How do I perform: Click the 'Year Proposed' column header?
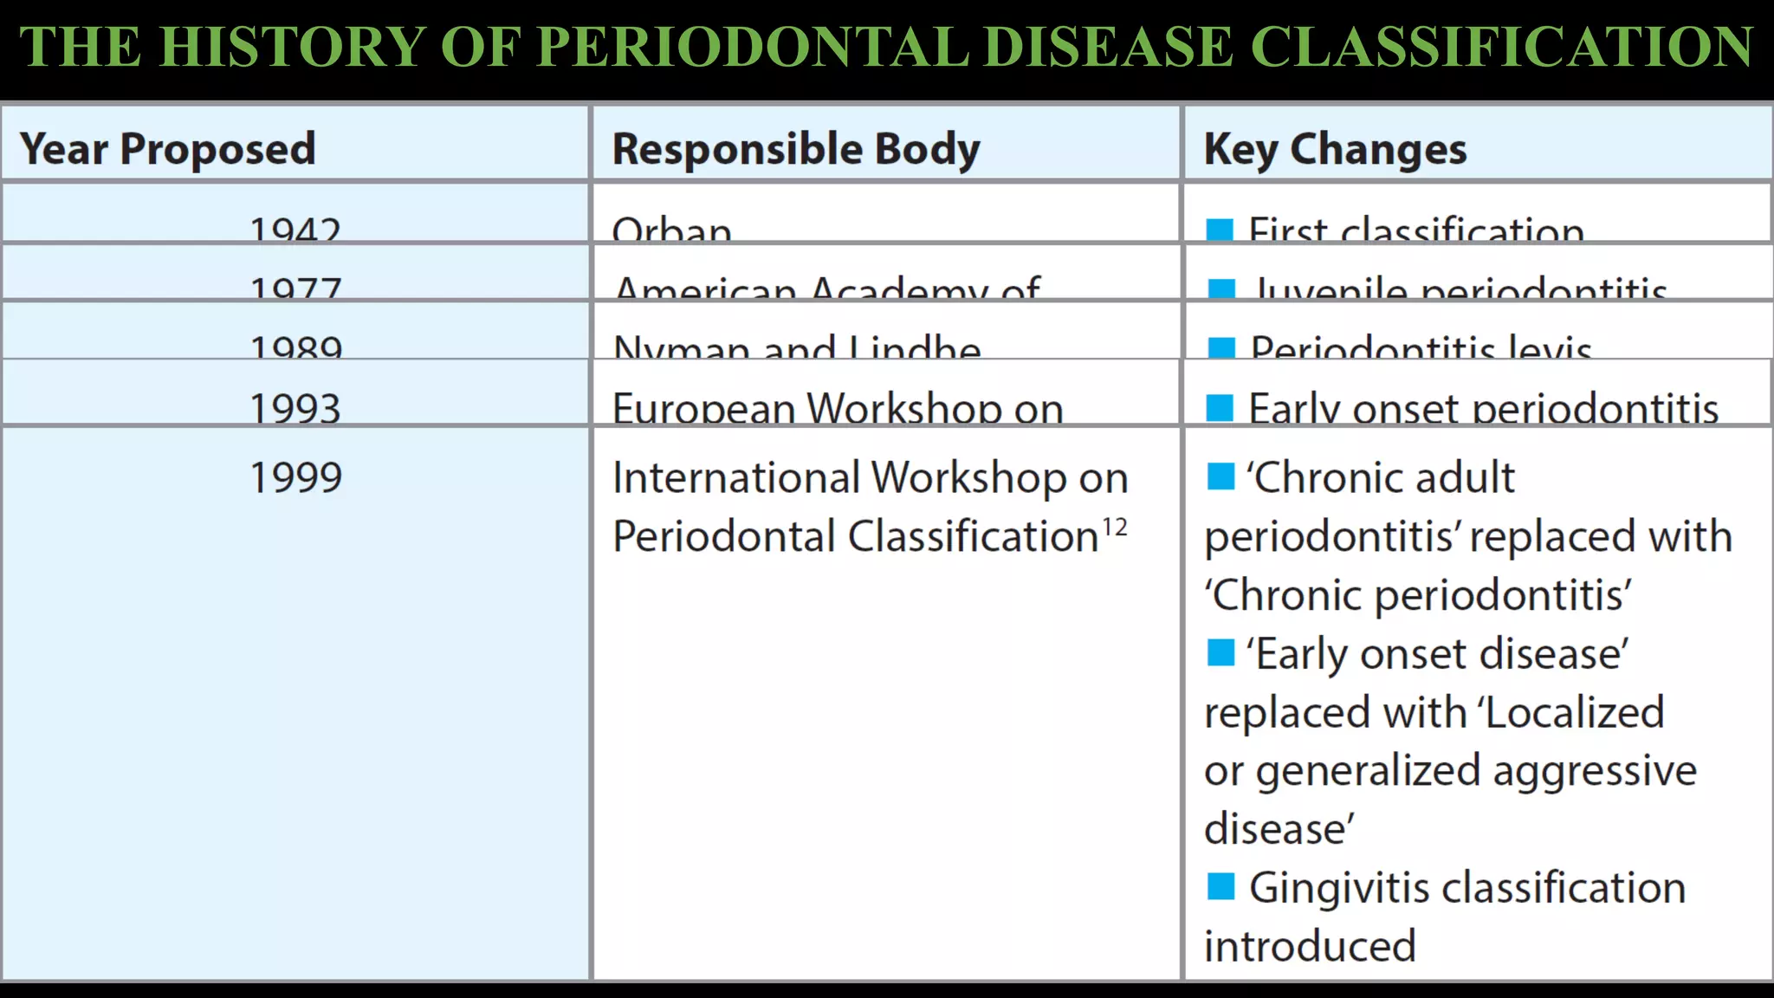pos(167,149)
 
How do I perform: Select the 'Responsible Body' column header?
pos(796,149)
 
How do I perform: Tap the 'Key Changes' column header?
pos(1335,149)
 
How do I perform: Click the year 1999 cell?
pos(295,477)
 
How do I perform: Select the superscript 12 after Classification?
pos(1115,527)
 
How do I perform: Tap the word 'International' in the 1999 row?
pos(736,477)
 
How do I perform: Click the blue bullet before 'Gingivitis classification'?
pos(1220,886)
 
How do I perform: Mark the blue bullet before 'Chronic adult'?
pos(1220,476)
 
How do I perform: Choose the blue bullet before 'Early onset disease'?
pos(1220,652)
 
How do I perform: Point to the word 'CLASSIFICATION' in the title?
pos(1502,47)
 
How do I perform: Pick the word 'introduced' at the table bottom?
pos(1310,946)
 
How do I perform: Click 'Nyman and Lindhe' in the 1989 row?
pos(797,348)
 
